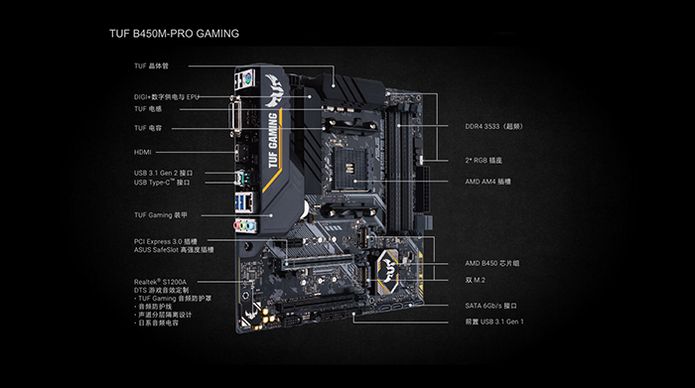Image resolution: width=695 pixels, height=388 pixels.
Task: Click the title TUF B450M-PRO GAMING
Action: click(x=174, y=34)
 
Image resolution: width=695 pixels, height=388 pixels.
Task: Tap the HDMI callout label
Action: click(x=143, y=152)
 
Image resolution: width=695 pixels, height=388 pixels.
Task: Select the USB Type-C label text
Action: click(x=162, y=183)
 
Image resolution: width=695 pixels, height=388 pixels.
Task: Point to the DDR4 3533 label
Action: click(x=494, y=127)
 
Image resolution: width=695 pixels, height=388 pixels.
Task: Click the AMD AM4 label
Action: click(x=488, y=182)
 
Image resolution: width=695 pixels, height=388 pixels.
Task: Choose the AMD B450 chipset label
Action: click(x=492, y=263)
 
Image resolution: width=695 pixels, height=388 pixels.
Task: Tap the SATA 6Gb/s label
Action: click(x=490, y=306)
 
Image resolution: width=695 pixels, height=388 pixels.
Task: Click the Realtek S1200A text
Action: click(x=161, y=282)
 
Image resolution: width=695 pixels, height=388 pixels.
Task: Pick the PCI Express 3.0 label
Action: click(x=166, y=241)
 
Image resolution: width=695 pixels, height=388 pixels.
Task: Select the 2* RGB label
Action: click(x=484, y=161)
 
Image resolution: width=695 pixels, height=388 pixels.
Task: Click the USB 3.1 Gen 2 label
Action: click(x=164, y=173)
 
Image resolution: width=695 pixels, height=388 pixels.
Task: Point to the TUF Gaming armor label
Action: click(x=161, y=215)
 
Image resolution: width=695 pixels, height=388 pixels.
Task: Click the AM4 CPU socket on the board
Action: click(x=349, y=170)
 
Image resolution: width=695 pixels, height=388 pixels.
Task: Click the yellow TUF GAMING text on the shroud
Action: click(x=274, y=140)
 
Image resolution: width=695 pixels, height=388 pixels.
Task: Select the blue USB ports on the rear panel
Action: click(x=240, y=203)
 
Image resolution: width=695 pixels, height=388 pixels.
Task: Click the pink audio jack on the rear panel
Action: click(x=237, y=226)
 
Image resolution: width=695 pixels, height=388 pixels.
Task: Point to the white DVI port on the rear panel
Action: click(x=235, y=115)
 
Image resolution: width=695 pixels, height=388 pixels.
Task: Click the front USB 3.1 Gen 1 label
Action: click(x=494, y=322)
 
